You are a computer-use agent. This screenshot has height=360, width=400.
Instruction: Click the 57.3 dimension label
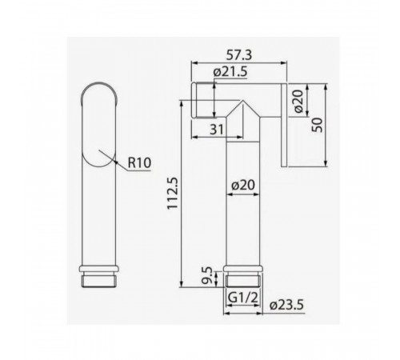[x=239, y=55]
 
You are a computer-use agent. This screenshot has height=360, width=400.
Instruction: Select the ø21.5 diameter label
[x=230, y=72]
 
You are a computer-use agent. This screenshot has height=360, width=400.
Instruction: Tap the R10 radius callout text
[x=139, y=162]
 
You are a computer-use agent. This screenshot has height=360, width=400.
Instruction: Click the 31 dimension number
[x=217, y=130]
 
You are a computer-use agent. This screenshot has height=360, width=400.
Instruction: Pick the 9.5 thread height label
[x=206, y=276]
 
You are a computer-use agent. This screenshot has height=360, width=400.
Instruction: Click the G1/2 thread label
[x=243, y=298]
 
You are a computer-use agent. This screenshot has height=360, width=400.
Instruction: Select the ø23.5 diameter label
[x=286, y=306]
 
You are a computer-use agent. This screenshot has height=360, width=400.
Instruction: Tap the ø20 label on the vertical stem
[x=243, y=185]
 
